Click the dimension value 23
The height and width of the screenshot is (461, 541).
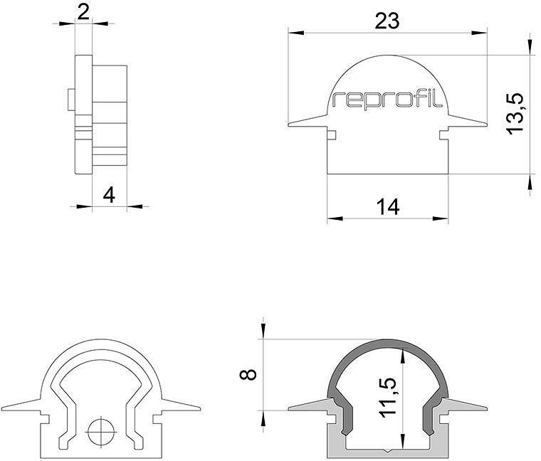pyautogui.click(x=387, y=21)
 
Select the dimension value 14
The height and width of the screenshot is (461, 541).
pyautogui.click(x=387, y=206)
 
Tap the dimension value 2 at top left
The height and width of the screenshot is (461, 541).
pyautogui.click(x=83, y=11)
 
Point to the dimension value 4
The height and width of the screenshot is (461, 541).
pyautogui.click(x=108, y=194)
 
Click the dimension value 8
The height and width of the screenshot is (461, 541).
pyautogui.click(x=248, y=374)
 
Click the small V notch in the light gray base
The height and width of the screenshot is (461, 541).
pyautogui.click(x=388, y=450)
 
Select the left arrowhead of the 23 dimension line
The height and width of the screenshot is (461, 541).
pyautogui.click(x=293, y=32)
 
